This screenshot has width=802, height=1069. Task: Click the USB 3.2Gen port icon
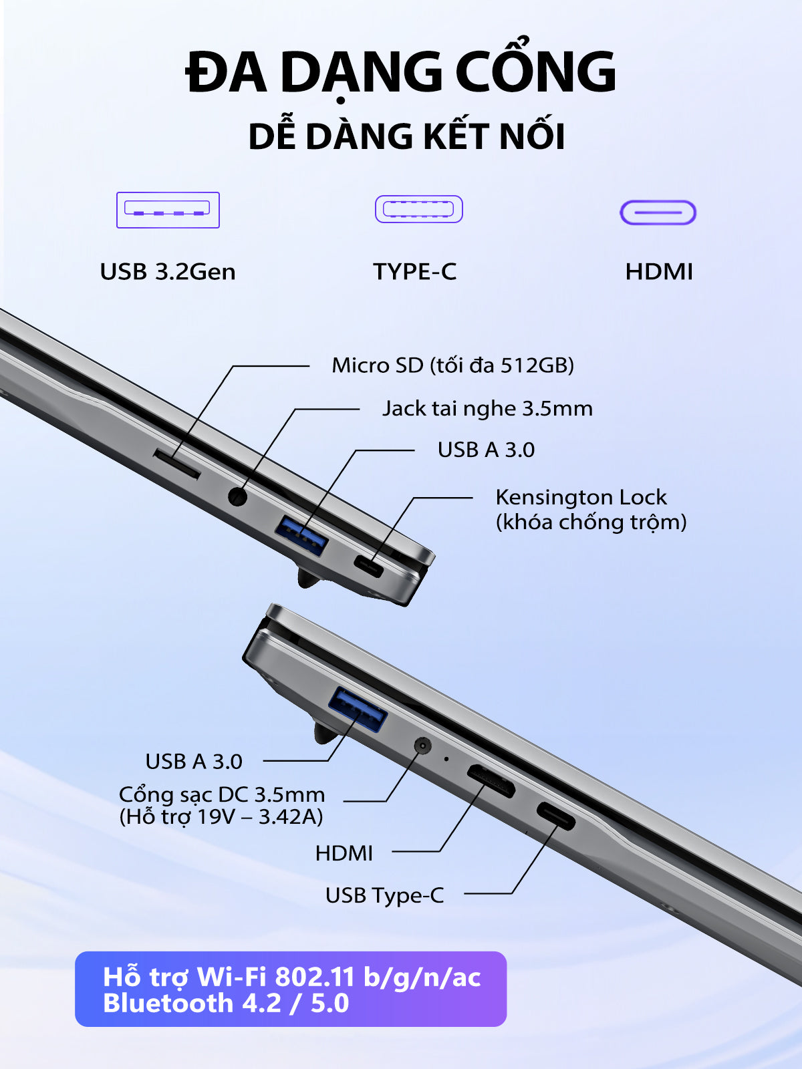(x=168, y=210)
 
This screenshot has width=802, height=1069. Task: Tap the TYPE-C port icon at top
(x=419, y=209)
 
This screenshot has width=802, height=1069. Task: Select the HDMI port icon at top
(x=658, y=213)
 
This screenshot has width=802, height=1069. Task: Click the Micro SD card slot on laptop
(x=176, y=464)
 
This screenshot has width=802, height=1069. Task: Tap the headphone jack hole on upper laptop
(x=238, y=496)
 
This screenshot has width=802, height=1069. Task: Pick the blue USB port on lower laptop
(x=358, y=711)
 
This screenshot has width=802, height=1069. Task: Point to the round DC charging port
(x=422, y=746)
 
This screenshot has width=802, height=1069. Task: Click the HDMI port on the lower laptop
(x=491, y=781)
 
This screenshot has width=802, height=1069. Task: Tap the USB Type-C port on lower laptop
(x=555, y=816)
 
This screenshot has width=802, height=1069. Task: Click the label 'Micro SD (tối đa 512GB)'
(x=453, y=365)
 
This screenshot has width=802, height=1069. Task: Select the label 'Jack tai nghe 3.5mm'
(x=487, y=408)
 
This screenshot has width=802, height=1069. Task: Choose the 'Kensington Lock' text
(x=581, y=497)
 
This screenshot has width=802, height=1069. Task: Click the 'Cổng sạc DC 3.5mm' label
(x=222, y=795)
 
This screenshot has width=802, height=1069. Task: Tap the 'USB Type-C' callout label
(x=385, y=896)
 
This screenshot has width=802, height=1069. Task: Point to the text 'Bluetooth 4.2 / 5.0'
(x=226, y=1004)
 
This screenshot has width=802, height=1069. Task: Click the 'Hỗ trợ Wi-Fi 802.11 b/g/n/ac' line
(x=292, y=977)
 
